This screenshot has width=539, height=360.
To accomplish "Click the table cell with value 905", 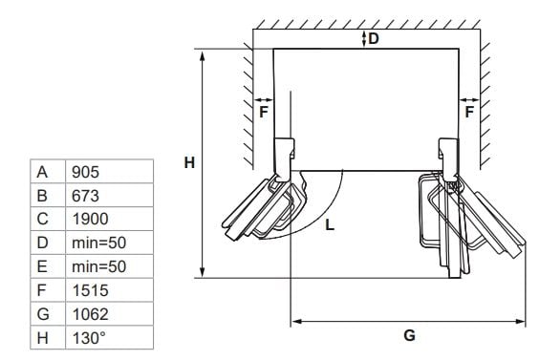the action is [x=109, y=172].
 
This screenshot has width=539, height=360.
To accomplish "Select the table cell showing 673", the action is [x=109, y=195].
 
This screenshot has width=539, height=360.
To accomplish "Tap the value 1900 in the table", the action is [x=109, y=219].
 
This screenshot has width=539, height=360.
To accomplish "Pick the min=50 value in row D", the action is [x=109, y=243].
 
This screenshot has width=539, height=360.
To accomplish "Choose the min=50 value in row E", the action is [x=109, y=266].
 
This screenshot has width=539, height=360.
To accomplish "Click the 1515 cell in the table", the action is [x=109, y=290].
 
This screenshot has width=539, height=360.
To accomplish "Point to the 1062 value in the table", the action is [x=109, y=314].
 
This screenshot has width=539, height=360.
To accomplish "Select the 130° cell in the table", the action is [x=109, y=338].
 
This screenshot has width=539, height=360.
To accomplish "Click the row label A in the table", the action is [x=42, y=172].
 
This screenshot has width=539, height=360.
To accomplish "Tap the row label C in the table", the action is [x=42, y=219].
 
